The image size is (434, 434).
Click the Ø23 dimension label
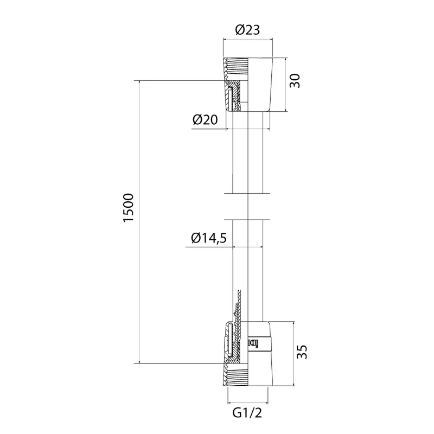pyautogui.click(x=247, y=30)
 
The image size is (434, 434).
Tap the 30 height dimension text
pyautogui.click(x=295, y=80)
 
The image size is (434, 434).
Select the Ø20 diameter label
pyautogui.click(x=205, y=120)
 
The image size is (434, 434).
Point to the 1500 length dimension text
pyautogui.click(x=129, y=207)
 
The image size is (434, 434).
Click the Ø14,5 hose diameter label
pyautogui.click(x=209, y=238)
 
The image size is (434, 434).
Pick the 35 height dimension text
pyautogui.click(x=302, y=352)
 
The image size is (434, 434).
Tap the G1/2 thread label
pyautogui.click(x=247, y=413)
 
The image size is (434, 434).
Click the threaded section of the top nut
pyautogui.click(x=235, y=69)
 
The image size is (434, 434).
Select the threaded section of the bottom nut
pyautogui.click(x=235, y=374)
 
